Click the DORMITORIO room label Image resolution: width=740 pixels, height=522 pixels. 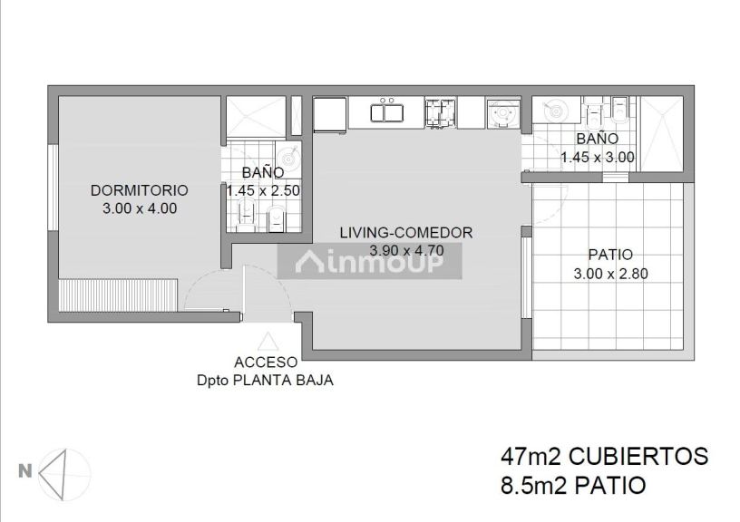click(x=140, y=190)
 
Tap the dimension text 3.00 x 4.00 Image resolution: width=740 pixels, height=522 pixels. click(x=140, y=208)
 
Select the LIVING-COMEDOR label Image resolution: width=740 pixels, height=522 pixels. click(x=405, y=233)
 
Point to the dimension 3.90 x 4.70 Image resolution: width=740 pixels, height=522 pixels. click(x=405, y=250)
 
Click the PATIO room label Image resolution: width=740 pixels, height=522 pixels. click(x=609, y=255)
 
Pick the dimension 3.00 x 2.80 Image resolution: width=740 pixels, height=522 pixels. click(x=609, y=273)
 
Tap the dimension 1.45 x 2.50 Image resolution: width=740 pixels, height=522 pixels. click(x=263, y=190)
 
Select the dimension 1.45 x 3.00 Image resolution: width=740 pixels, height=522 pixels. click(x=597, y=157)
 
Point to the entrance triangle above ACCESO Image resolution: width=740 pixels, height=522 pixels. click(x=268, y=343)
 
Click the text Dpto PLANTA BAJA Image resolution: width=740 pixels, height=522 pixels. click(x=265, y=381)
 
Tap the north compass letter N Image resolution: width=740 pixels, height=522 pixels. click(x=25, y=470)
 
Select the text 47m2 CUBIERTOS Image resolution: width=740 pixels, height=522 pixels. click(x=603, y=456)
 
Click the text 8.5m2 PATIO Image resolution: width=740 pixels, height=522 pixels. click(x=572, y=486)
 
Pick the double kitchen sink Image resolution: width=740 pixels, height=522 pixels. click(x=390, y=112)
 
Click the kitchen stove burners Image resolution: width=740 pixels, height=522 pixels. click(x=441, y=111)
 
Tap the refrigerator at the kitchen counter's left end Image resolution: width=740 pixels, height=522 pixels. click(x=329, y=113)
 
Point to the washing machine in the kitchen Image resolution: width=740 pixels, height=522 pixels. click(x=501, y=114)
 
